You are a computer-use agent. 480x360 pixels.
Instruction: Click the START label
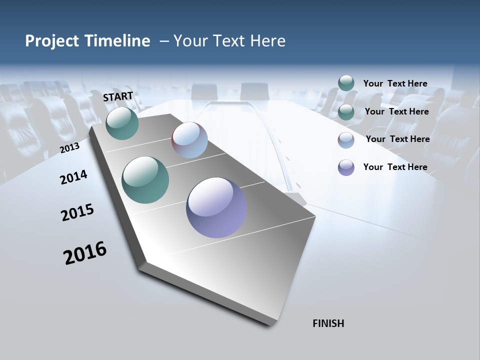click(118, 96)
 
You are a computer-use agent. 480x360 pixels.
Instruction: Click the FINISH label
click(328, 323)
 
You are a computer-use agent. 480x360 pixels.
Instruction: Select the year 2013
click(69, 148)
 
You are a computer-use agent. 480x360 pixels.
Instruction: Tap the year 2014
click(73, 177)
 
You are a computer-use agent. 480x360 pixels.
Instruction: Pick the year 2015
click(77, 212)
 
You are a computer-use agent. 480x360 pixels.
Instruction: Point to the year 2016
click(85, 252)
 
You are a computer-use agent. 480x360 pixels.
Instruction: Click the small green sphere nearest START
click(122, 123)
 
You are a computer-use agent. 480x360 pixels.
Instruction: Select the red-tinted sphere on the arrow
click(189, 140)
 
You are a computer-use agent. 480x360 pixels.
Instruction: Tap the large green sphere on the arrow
click(145, 180)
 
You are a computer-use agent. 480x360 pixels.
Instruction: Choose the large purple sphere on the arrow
click(216, 207)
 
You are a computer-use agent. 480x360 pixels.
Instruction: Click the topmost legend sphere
click(346, 83)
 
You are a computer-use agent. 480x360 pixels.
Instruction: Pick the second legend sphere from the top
click(346, 111)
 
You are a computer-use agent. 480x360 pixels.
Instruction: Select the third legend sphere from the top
click(346, 139)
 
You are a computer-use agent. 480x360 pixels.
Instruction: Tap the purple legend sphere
click(346, 167)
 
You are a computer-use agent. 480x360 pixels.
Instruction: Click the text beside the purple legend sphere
click(395, 167)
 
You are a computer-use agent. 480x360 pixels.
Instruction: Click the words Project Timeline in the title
click(87, 41)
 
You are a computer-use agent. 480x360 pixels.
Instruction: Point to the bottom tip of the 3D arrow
click(270, 324)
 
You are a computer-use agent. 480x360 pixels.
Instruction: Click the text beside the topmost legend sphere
click(395, 83)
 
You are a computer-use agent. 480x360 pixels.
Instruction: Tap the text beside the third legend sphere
click(397, 139)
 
